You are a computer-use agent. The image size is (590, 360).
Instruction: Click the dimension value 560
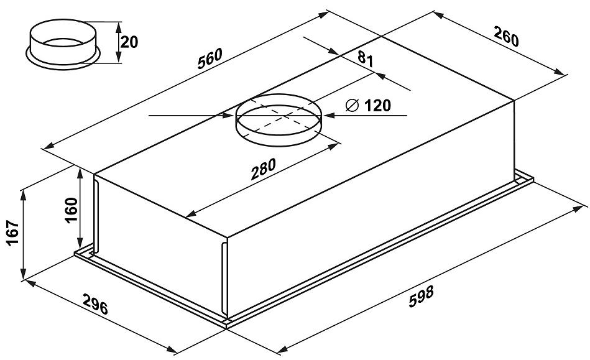pyautogui.click(x=210, y=58)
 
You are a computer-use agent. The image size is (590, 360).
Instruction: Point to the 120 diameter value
pyautogui.click(x=378, y=106)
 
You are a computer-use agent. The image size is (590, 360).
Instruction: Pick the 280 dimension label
pyautogui.click(x=264, y=168)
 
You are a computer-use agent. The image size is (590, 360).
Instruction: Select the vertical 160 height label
pyautogui.click(x=71, y=210)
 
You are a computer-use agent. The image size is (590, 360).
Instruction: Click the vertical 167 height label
pyautogui.click(x=14, y=233)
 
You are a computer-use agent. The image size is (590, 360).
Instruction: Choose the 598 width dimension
pyautogui.click(x=422, y=297)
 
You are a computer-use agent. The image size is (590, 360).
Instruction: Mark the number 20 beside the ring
pyautogui.click(x=129, y=42)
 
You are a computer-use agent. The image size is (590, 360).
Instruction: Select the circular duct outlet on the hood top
pyautogui.click(x=279, y=120)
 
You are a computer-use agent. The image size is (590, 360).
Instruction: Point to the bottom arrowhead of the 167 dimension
pyautogui.click(x=24, y=273)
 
